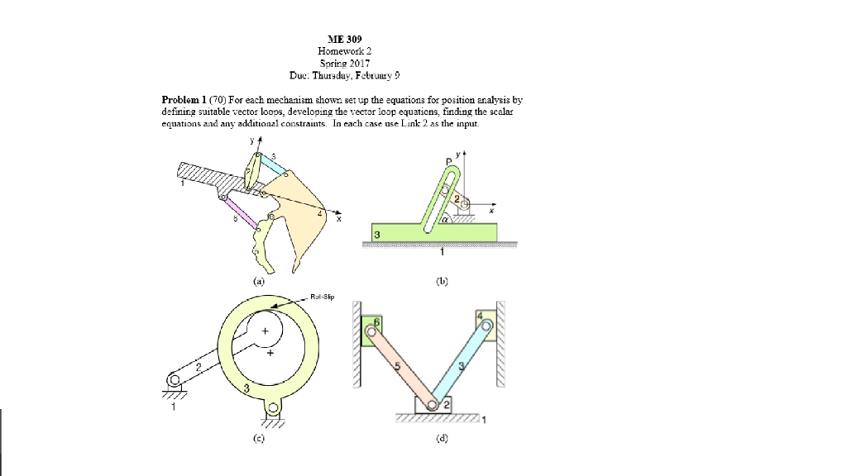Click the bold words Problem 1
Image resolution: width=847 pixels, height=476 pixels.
186,99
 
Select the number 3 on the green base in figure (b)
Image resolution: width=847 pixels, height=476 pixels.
378,235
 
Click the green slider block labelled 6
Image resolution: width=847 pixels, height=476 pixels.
372,331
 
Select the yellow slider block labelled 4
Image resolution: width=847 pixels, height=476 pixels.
484,324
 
